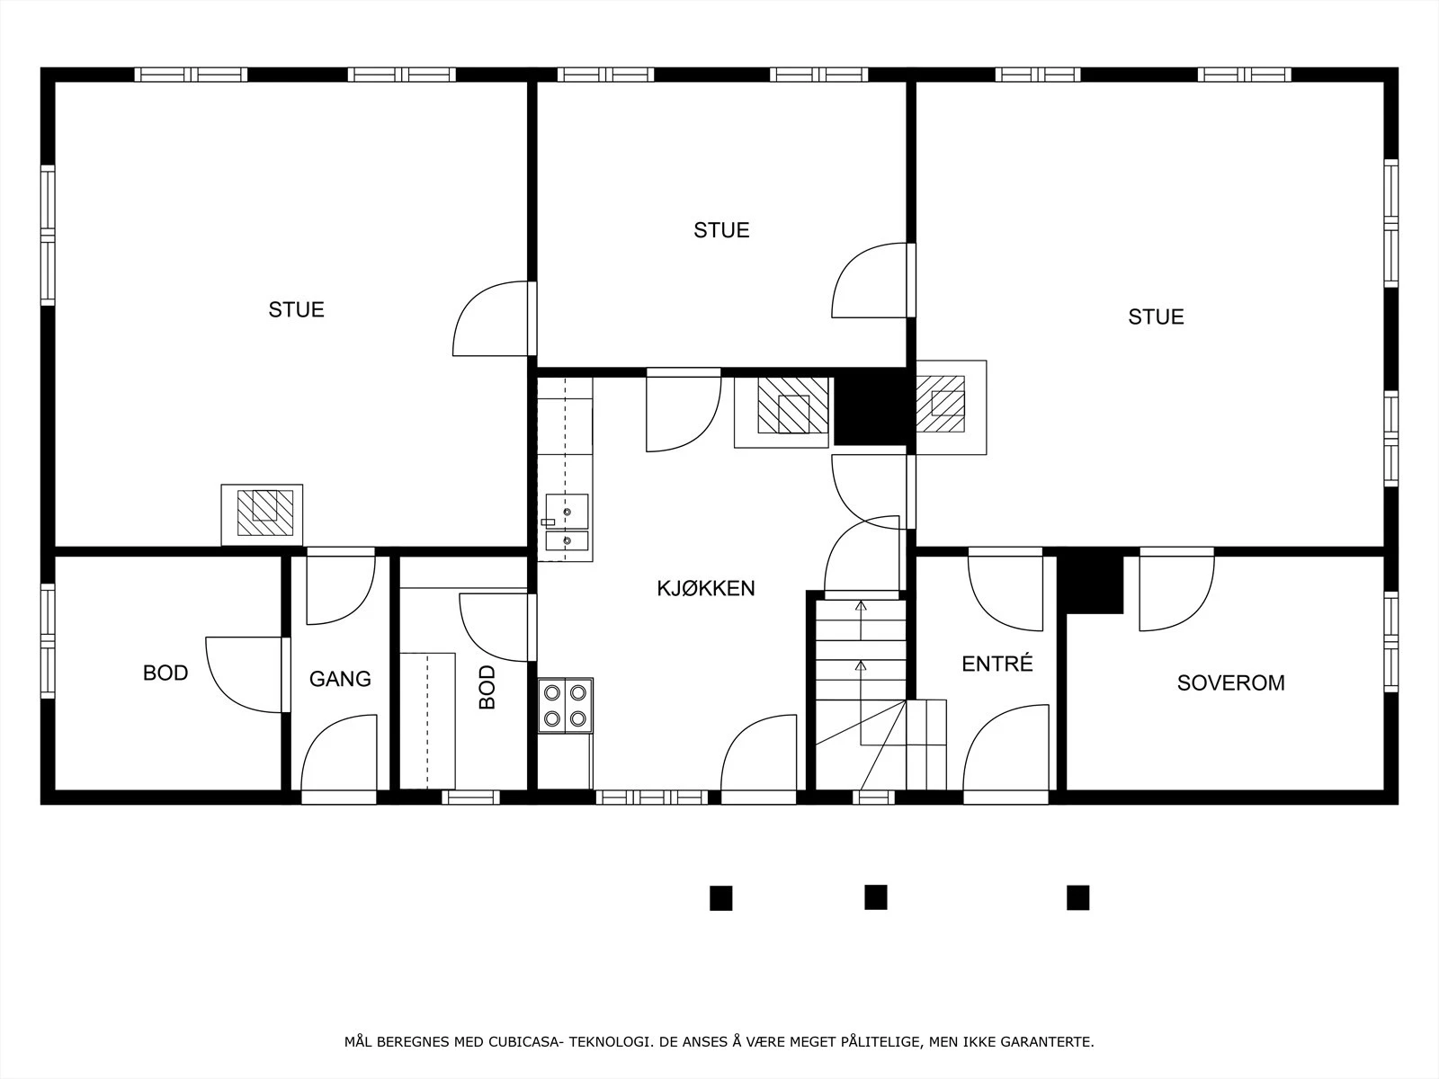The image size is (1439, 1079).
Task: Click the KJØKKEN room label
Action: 705,588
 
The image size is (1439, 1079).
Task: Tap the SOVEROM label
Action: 1230,682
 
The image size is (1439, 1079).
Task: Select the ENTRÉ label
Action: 997,664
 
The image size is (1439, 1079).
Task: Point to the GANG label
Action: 340,679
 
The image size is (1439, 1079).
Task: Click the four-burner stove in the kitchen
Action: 565,706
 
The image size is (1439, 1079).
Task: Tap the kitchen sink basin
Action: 568,512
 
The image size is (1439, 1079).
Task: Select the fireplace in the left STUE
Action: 263,514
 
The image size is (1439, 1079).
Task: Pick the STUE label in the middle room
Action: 721,230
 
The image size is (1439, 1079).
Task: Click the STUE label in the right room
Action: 1156,317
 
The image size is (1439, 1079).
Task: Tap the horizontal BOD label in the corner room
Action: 165,673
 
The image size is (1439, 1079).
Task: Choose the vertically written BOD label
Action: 487,687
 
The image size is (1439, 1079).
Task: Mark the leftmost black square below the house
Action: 720,898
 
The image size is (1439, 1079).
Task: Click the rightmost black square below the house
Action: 1077,897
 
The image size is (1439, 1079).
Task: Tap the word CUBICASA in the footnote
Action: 523,1041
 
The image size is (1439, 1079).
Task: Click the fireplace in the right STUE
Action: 951,406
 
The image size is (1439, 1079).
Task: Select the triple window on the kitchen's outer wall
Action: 652,798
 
